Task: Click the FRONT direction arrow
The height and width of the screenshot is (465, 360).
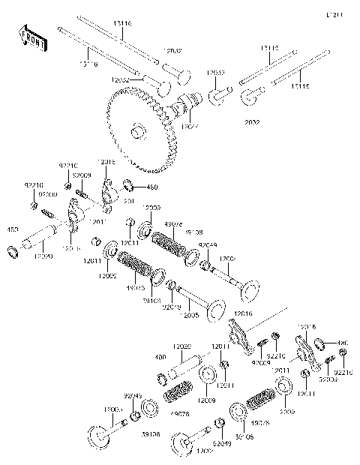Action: (x=31, y=39)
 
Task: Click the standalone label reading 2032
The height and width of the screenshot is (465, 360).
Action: (x=252, y=120)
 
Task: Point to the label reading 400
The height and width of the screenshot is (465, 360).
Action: (x=160, y=358)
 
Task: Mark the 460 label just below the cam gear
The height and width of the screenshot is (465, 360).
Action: (x=153, y=187)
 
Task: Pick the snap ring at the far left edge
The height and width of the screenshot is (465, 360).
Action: (x=12, y=249)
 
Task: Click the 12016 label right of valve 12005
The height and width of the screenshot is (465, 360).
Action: (x=242, y=315)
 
